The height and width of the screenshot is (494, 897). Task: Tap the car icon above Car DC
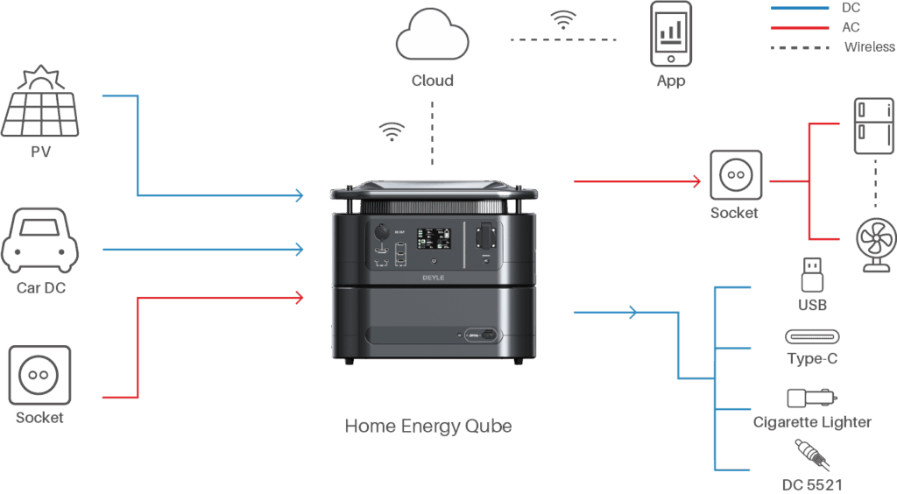[x=40, y=242]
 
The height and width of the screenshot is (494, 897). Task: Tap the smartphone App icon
[x=670, y=34]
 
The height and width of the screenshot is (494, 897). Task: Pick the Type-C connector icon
[x=811, y=337]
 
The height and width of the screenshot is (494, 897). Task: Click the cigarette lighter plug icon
[x=812, y=399]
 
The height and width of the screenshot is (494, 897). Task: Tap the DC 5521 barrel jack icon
[x=812, y=455]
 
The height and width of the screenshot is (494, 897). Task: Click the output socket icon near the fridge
[x=736, y=176]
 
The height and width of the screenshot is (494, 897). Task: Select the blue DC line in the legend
[x=799, y=8]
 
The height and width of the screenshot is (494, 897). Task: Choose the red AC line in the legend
[x=799, y=27]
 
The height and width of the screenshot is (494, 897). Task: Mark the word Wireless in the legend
[x=868, y=46]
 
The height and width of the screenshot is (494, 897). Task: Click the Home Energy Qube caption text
[x=427, y=427]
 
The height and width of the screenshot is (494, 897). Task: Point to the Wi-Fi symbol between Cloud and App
[x=562, y=19]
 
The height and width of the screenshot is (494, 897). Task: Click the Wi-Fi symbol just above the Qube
[x=392, y=132]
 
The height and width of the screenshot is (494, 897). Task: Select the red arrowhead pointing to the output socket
[x=696, y=181]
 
